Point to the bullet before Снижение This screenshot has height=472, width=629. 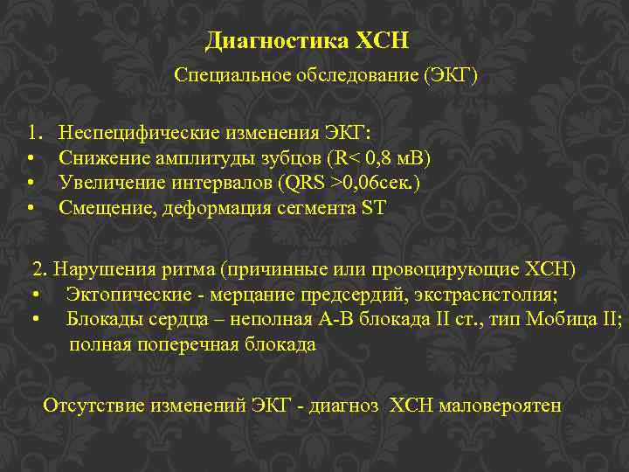click(x=31, y=158)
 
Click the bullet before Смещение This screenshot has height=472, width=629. click(x=31, y=207)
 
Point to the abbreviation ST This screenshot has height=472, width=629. click(x=373, y=207)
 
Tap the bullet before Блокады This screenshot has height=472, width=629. click(x=37, y=319)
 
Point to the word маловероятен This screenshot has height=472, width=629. click(x=501, y=406)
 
